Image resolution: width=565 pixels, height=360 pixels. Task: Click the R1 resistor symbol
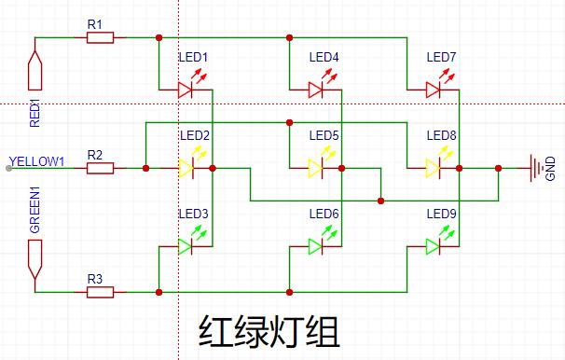100,37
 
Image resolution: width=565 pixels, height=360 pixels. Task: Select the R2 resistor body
100,168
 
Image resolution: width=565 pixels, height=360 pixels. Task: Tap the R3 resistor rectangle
100,292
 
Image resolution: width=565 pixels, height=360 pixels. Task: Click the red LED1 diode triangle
185,90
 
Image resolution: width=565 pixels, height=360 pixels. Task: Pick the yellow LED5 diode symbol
316,168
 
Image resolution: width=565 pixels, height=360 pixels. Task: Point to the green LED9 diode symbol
433,247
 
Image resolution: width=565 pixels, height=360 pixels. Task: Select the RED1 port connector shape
34,70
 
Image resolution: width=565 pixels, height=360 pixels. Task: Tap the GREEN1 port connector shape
34,259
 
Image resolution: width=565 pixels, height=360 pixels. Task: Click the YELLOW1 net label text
36,161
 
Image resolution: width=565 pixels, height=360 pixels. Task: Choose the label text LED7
441,57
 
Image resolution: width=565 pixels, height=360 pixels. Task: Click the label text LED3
194,215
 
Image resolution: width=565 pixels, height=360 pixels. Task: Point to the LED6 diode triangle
315,247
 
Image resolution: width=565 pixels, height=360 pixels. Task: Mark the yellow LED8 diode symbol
433,168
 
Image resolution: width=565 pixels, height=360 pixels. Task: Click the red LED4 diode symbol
316,90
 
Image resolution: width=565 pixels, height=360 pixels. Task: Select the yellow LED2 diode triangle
186,168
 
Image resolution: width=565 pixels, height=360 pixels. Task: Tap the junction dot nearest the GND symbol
499,168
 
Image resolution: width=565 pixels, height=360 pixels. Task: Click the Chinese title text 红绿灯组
269,331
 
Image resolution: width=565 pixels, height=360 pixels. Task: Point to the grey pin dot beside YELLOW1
8,168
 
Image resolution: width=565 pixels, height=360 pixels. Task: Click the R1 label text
95,24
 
